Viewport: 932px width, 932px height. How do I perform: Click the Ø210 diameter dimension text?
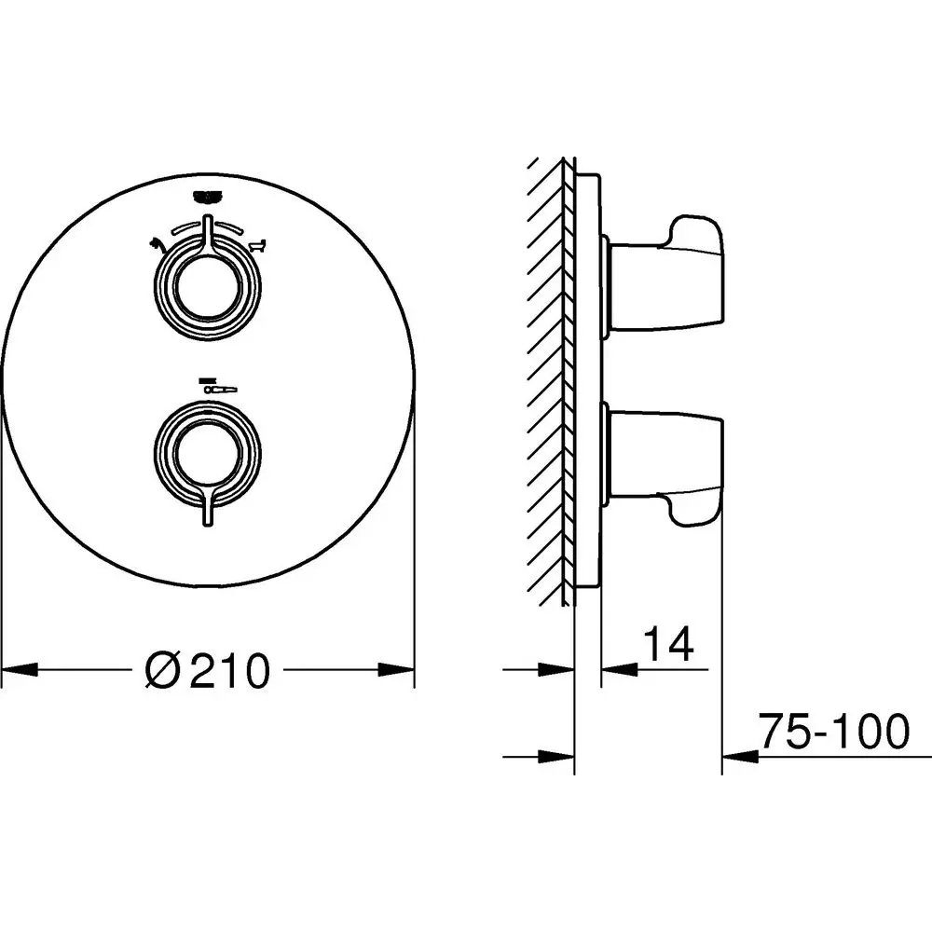tap(208, 670)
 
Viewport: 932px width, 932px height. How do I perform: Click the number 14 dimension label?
tap(668, 642)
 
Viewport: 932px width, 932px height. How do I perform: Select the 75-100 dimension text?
tap(834, 731)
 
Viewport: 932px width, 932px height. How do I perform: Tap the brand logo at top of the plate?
tap(208, 196)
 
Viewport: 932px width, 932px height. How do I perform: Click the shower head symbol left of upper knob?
tap(157, 244)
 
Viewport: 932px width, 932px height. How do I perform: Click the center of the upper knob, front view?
tap(208, 288)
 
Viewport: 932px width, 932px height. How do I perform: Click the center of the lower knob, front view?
tap(208, 455)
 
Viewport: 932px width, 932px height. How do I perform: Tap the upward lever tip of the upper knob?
tap(208, 219)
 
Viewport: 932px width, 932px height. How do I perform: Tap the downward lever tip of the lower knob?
tap(208, 523)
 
